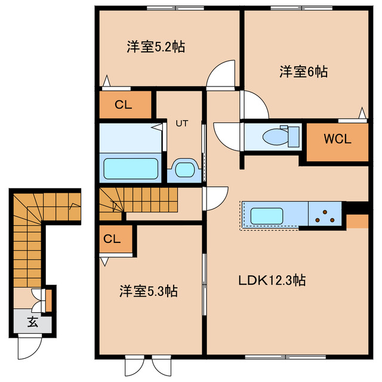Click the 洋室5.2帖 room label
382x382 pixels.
[156, 47]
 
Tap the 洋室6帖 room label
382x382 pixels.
[303, 72]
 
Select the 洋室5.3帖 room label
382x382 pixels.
[149, 291]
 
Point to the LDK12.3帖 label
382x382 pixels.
[272, 280]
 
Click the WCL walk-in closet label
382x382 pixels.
[337, 139]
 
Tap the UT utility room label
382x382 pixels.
[182, 124]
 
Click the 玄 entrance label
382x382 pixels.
[32, 322]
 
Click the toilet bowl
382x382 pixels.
[275, 137]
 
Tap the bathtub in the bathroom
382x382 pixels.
[131, 169]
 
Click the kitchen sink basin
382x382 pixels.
[267, 216]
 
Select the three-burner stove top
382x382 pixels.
[325, 216]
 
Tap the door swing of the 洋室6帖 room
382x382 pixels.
[255, 104]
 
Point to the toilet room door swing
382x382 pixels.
[227, 137]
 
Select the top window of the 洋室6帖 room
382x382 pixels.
[301, 8]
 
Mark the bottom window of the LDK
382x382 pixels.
[285, 357]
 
